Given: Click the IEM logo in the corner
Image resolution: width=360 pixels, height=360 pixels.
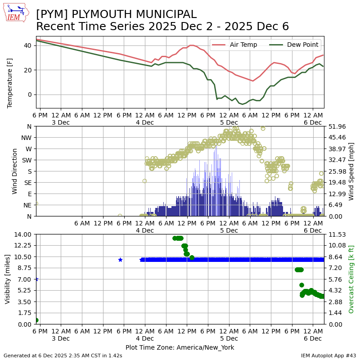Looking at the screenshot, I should pyautogui.click(x=16, y=13).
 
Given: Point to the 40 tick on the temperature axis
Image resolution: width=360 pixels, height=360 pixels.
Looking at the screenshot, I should pyautogui.click(x=27, y=45).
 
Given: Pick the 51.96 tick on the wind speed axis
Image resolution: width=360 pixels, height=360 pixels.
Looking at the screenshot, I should pyautogui.click(x=334, y=126).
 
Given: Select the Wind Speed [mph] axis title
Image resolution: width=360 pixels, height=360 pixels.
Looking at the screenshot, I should pyautogui.click(x=351, y=171).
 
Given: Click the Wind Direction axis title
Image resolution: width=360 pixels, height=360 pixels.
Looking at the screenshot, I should pyautogui.click(x=15, y=171).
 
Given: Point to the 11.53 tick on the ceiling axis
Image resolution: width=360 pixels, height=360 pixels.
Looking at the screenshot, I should pyautogui.click(x=334, y=234).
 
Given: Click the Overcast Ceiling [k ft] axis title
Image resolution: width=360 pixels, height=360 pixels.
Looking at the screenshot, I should pyautogui.click(x=351, y=279).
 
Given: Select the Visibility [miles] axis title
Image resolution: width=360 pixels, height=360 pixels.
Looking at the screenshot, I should pyautogui.click(x=8, y=279).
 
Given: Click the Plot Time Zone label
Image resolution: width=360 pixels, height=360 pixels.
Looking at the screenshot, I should pyautogui.click(x=180, y=347).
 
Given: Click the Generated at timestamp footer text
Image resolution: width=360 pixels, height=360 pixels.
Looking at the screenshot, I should pyautogui.click(x=63, y=355).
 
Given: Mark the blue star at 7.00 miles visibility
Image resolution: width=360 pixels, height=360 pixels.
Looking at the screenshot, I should pyautogui.click(x=36, y=279).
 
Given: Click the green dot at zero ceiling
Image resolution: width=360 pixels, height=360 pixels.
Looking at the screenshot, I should pyautogui.click(x=36, y=320).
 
